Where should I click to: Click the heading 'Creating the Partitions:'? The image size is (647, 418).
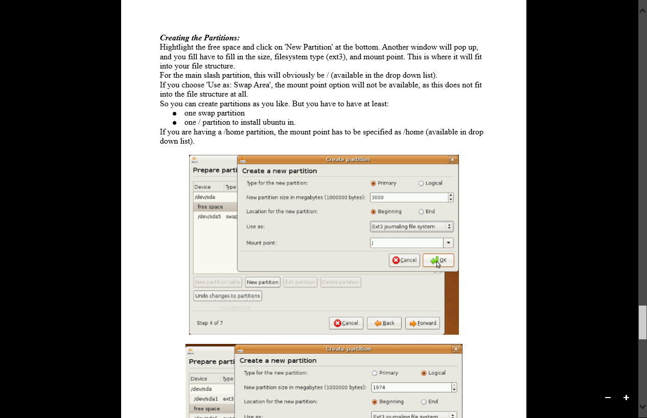[200, 38]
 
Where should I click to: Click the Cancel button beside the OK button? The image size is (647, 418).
[404, 260]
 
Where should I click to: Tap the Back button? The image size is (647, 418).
[384, 323]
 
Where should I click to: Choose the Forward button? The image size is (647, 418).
[422, 323]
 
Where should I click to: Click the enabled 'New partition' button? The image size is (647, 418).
[262, 282]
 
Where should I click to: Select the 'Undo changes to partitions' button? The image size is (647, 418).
[227, 296]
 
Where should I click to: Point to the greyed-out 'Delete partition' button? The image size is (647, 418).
[341, 282]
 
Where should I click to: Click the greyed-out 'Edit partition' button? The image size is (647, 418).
[300, 282]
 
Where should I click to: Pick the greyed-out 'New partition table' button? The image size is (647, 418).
[218, 282]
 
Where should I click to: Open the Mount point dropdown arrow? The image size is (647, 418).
[448, 243]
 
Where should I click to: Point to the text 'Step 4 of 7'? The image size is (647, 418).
[210, 323]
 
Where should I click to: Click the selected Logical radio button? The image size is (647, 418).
[424, 373]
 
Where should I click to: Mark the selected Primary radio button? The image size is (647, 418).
[374, 183]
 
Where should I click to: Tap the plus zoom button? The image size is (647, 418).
[626, 398]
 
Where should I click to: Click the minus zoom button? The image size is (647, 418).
[608, 398]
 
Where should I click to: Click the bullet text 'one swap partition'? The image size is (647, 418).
[214, 113]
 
